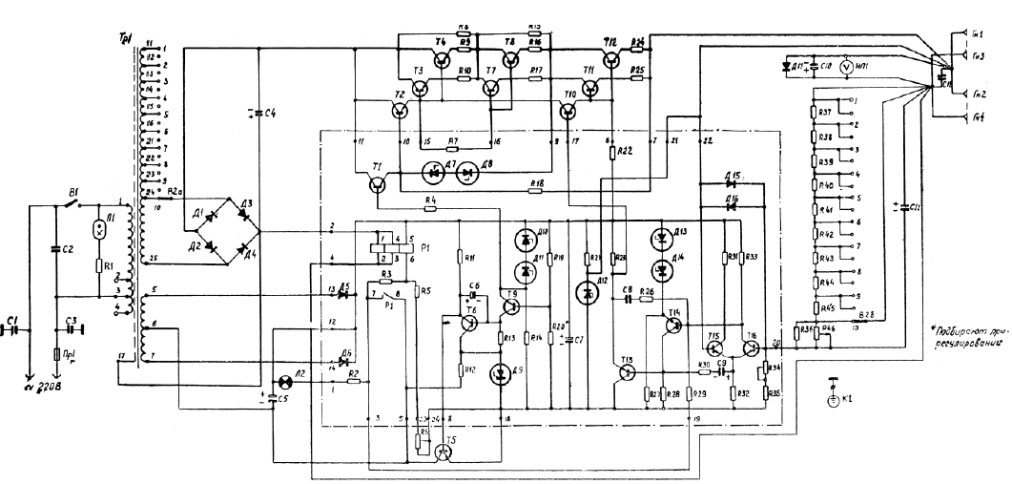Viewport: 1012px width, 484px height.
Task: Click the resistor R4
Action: click(x=430, y=208)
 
